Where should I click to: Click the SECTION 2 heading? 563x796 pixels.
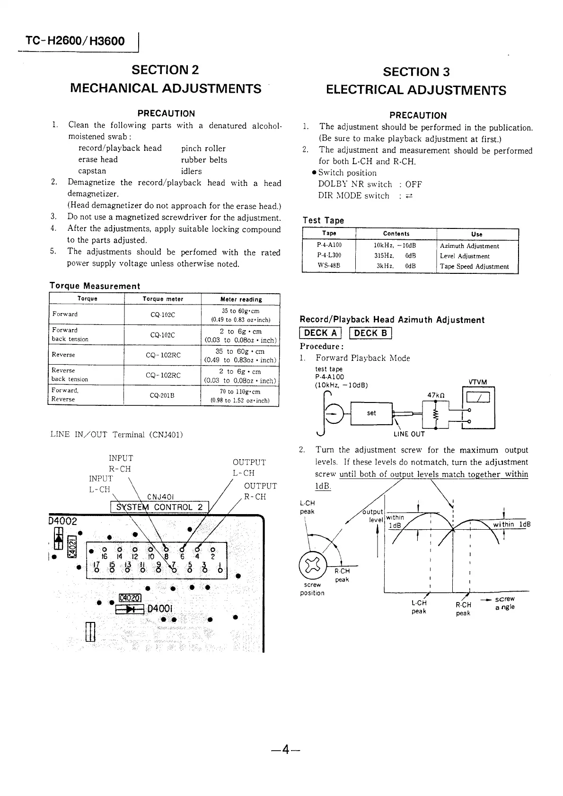(x=165, y=70)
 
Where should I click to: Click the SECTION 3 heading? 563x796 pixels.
(x=416, y=72)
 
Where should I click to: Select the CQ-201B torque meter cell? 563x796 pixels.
(x=162, y=395)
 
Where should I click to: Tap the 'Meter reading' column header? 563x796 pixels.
(x=241, y=299)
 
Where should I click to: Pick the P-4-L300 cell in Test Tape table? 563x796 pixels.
(x=329, y=256)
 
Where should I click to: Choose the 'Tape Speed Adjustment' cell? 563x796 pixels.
(x=474, y=266)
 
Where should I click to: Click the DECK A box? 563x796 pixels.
(x=320, y=333)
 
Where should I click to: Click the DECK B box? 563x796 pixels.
(x=370, y=333)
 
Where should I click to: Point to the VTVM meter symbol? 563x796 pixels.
(x=478, y=399)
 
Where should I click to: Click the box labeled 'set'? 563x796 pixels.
(x=371, y=413)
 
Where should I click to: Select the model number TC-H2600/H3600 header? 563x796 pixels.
(x=76, y=41)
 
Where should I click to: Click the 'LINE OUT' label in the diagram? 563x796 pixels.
(x=409, y=434)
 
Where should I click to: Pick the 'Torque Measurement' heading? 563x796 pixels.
(x=95, y=286)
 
